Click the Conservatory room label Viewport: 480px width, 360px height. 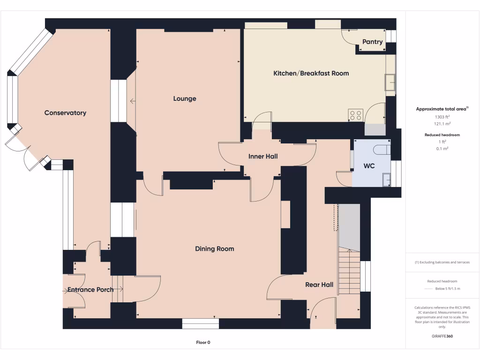(x=65, y=113)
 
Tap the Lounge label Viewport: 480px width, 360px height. (x=185, y=99)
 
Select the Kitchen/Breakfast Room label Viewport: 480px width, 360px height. (x=311, y=73)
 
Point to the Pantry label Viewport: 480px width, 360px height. (x=373, y=42)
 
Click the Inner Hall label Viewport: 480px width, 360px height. (x=263, y=157)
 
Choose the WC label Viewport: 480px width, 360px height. (x=369, y=166)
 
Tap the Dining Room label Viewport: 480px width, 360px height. (x=214, y=249)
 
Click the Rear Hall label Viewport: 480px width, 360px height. (x=319, y=285)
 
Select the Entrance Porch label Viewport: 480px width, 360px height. (x=90, y=290)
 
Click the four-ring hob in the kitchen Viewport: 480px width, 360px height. (x=356, y=115)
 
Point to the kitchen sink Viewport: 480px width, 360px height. (x=390, y=82)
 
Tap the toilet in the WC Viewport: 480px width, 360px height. (x=381, y=150)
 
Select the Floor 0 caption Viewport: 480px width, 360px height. (x=206, y=343)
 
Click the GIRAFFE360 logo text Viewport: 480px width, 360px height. (x=442, y=336)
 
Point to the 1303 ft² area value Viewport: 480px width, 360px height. (x=442, y=117)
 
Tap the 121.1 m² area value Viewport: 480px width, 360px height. (x=442, y=124)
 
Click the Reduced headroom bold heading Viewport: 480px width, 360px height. (x=442, y=135)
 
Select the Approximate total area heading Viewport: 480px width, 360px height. (x=442, y=109)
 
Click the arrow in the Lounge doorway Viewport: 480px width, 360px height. (x=133, y=101)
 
